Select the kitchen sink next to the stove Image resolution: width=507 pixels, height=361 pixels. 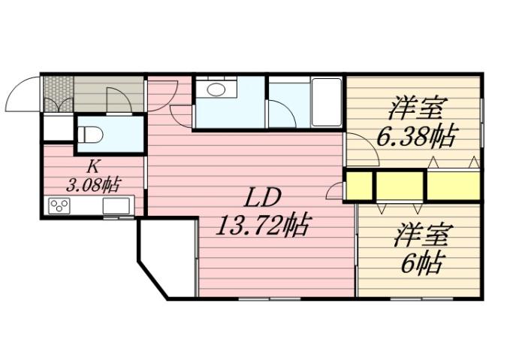tap(116, 205)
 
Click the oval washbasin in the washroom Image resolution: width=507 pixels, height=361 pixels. tap(216, 90)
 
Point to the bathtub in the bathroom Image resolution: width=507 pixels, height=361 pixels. tap(327, 102)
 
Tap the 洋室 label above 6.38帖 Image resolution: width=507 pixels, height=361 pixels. tap(415, 109)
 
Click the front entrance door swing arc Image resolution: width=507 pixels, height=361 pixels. tap(21, 94)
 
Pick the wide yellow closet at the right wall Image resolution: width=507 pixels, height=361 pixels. tap(454, 186)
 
